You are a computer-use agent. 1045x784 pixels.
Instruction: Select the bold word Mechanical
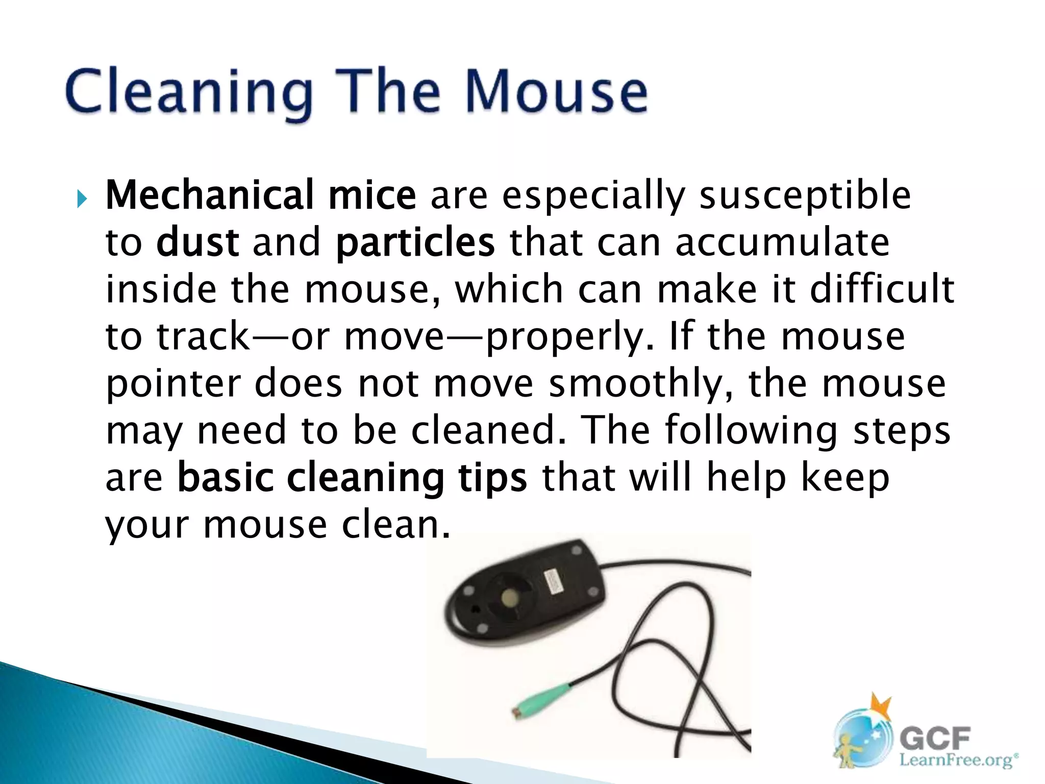209,195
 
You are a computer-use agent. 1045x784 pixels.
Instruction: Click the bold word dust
197,242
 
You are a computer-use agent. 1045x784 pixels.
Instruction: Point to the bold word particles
415,243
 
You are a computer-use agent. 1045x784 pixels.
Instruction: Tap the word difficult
882,289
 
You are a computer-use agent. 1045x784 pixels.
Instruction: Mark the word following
751,431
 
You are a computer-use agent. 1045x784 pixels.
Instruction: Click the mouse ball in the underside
509,598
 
